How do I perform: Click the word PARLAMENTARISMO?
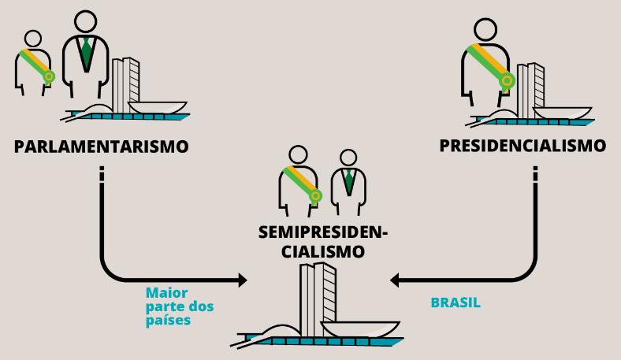pyautogui.click(x=101, y=147)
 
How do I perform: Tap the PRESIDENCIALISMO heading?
pyautogui.click(x=522, y=146)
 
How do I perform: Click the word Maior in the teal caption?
pyautogui.click(x=166, y=293)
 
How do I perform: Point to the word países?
pyautogui.click(x=168, y=321)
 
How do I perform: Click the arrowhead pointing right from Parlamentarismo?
pyautogui.click(x=240, y=279)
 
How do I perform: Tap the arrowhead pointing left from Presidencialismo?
pyautogui.click(x=396, y=279)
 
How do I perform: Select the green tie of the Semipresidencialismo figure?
pyautogui.click(x=347, y=183)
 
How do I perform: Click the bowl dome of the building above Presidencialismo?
pyautogui.click(x=564, y=111)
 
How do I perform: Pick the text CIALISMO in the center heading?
pyautogui.click(x=324, y=252)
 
